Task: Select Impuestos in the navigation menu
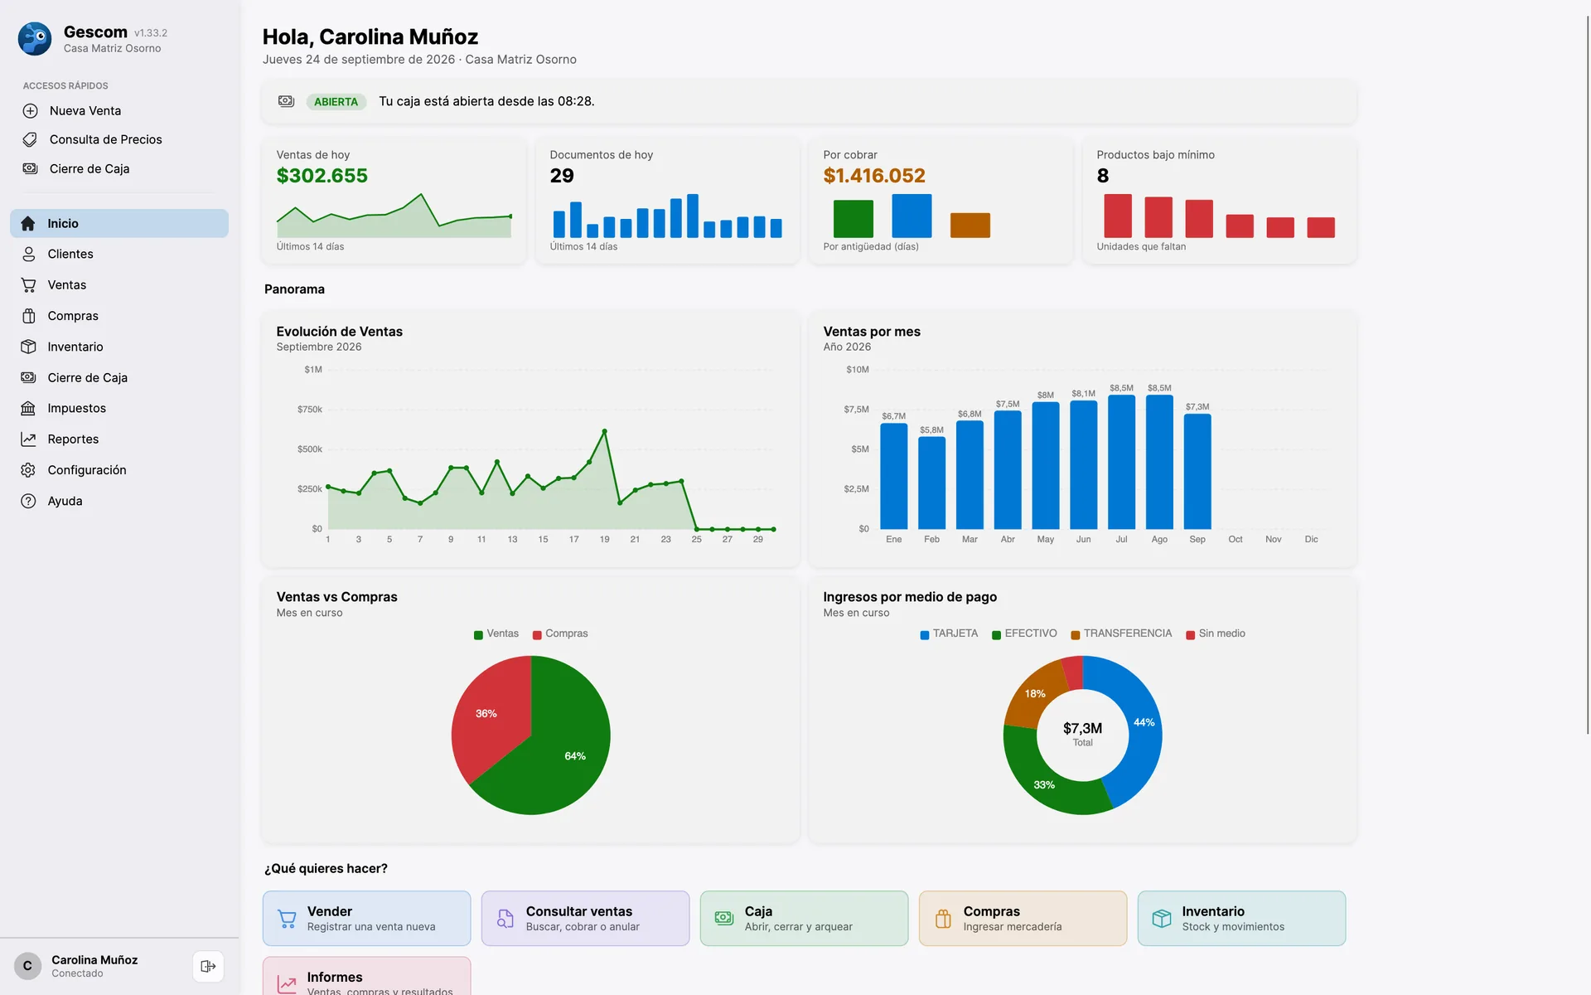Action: tap(76, 408)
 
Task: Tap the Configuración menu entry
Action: tap(86, 470)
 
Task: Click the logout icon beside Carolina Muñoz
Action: tap(208, 966)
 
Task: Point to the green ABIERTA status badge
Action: tap(336, 101)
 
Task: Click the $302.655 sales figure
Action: tap(322, 176)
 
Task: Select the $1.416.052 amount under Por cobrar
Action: tap(874, 176)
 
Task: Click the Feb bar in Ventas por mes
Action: tap(931, 483)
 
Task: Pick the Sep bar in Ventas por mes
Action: tap(1197, 471)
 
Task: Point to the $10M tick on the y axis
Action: tap(857, 370)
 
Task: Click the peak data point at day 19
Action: tap(604, 431)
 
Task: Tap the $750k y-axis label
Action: tap(309, 410)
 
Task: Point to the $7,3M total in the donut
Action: tap(1082, 728)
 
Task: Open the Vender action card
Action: tap(366, 918)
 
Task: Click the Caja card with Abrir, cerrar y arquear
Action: tap(804, 918)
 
